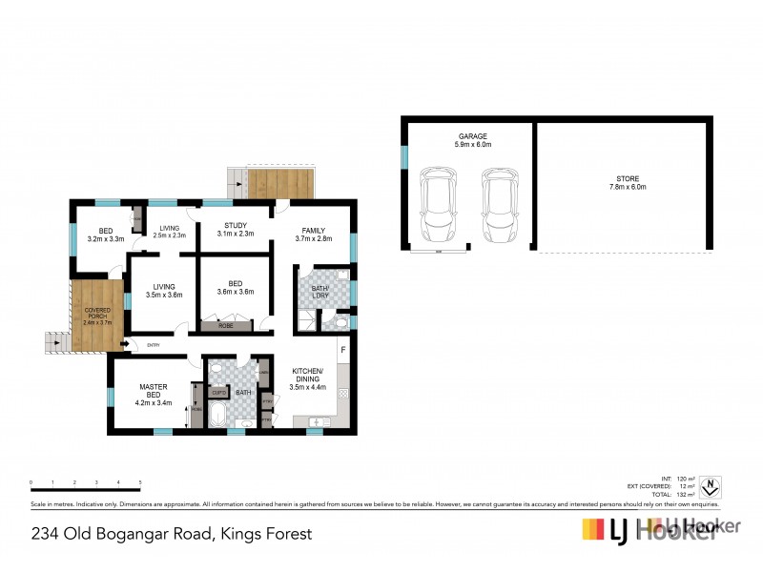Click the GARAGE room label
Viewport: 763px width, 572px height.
[x=473, y=136]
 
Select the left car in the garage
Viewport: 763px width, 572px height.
[x=438, y=204]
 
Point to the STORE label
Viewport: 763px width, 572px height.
[x=627, y=178]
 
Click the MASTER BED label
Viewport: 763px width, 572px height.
[x=155, y=390]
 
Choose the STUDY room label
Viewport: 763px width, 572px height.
[x=235, y=225]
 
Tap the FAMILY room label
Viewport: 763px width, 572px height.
[x=314, y=231]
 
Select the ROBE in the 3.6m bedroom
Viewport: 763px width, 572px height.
[x=226, y=325]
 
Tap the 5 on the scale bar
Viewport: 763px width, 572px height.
[x=140, y=483]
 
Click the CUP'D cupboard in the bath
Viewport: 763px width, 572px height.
[x=218, y=392]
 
